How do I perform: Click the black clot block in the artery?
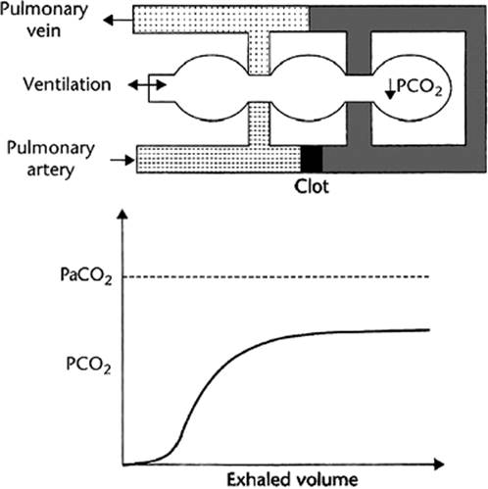[312, 159]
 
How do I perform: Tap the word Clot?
[312, 187]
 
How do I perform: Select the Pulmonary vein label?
[44, 20]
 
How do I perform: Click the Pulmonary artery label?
[51, 159]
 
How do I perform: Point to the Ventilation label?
[67, 84]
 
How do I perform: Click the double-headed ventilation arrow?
[147, 85]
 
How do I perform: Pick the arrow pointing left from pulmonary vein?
[118, 21]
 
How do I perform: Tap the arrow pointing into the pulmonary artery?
[122, 160]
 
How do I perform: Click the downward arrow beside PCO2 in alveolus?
[390, 90]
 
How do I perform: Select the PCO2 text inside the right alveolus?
[419, 87]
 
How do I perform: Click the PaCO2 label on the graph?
[86, 275]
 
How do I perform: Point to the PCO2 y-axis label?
[88, 365]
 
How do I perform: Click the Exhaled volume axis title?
[292, 479]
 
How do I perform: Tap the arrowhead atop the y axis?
[122, 214]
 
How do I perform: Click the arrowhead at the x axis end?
[438, 464]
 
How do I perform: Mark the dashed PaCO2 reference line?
[276, 276]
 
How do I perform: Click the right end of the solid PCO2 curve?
[429, 330]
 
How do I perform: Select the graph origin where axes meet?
[122, 465]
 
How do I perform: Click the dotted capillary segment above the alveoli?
[259, 54]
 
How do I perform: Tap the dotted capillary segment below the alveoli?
[259, 123]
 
